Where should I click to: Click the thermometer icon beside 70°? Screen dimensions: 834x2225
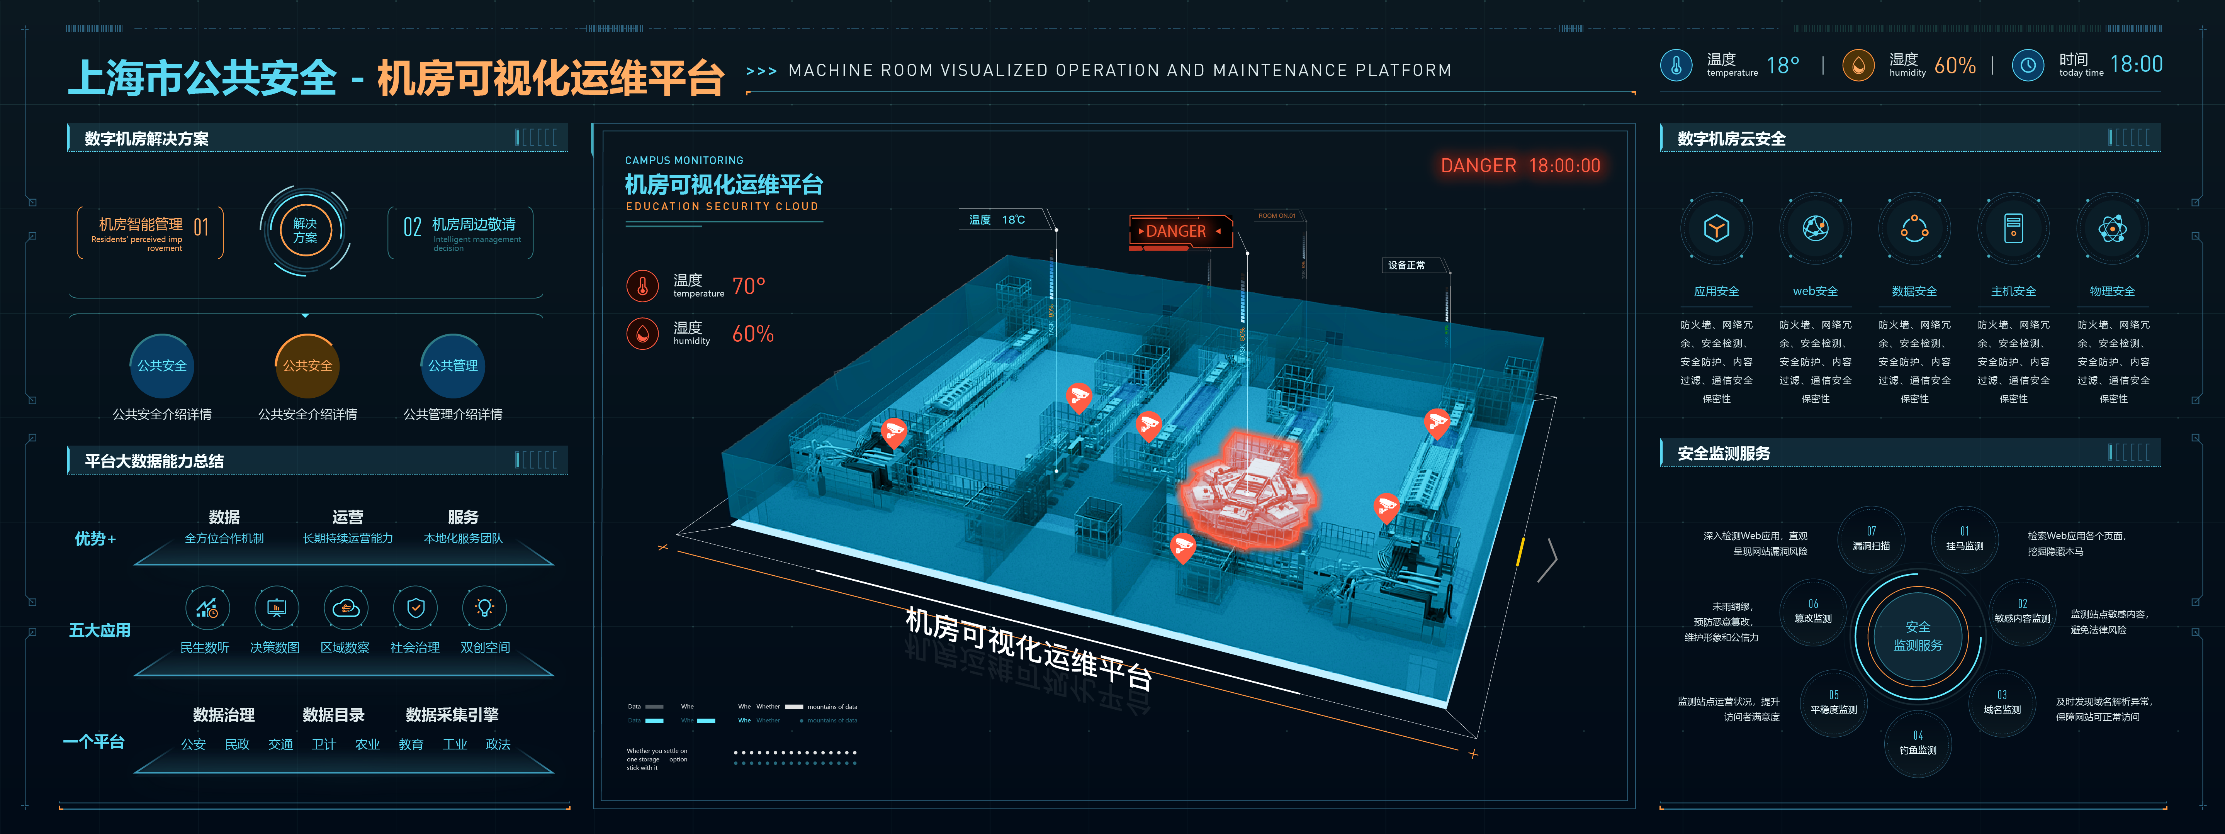click(x=642, y=286)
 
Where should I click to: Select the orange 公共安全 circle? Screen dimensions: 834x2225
click(x=307, y=365)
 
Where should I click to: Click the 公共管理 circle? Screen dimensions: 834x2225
click(x=453, y=365)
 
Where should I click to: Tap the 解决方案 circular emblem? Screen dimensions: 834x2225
click(x=305, y=231)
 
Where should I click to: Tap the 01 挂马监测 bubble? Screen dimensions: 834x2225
click(x=1964, y=539)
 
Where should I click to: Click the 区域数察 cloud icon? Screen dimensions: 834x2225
click(x=345, y=608)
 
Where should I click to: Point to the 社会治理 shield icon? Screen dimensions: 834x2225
click(x=416, y=608)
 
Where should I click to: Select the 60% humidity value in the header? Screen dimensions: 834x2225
click(x=1955, y=66)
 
